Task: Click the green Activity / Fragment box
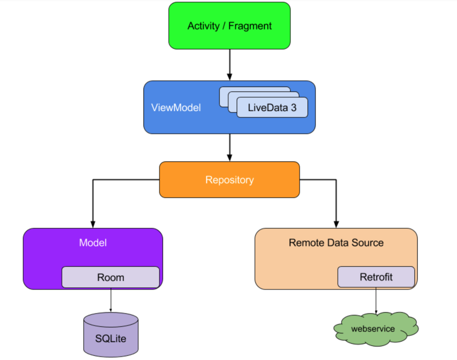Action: pyautogui.click(x=229, y=25)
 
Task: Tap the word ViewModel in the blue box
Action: pyautogui.click(x=176, y=108)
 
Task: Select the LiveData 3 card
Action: pyautogui.click(x=272, y=107)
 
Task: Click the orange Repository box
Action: pyautogui.click(x=229, y=180)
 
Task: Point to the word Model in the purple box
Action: pyautogui.click(x=93, y=243)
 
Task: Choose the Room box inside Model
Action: pyautogui.click(x=111, y=277)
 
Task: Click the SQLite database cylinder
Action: pyautogui.click(x=111, y=335)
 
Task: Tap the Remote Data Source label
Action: pyautogui.click(x=336, y=243)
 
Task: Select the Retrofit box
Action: pyautogui.click(x=376, y=277)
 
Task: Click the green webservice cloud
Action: pyautogui.click(x=376, y=329)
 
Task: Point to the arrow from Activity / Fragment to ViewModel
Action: pyautogui.click(x=230, y=65)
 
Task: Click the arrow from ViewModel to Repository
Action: pyautogui.click(x=230, y=147)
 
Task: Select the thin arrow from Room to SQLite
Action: pyautogui.click(x=111, y=300)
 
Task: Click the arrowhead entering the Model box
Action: pyautogui.click(x=93, y=224)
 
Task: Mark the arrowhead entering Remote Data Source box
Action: pyautogui.click(x=337, y=224)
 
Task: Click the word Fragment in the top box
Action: pyautogui.click(x=250, y=26)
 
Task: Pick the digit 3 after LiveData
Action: pyautogui.click(x=294, y=108)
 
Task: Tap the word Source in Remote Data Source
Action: pyautogui.click(x=368, y=243)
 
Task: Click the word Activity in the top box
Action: pyautogui.click(x=204, y=26)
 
